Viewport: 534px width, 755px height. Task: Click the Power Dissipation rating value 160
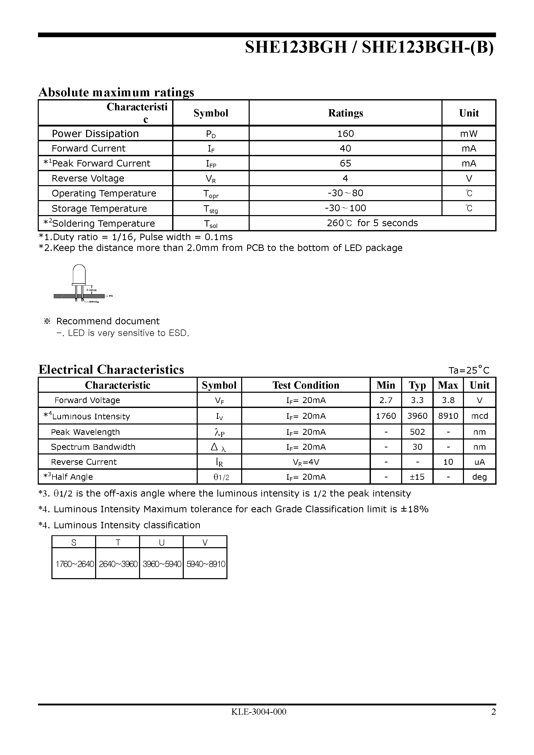[345, 133]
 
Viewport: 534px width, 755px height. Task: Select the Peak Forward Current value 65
[345, 163]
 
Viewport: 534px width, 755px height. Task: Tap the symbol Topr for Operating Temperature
[211, 194]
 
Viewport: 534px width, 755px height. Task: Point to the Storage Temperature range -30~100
[345, 208]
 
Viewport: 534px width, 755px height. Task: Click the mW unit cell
[469, 133]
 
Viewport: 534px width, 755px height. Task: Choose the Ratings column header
[345, 113]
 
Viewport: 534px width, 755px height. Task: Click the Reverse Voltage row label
[88, 178]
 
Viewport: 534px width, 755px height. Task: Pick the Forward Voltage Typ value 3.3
[417, 400]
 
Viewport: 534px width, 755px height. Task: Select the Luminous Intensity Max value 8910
[448, 416]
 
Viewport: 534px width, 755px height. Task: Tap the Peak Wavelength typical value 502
[417, 432]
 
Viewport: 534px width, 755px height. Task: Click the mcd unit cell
[479, 416]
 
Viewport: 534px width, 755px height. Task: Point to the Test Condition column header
[306, 385]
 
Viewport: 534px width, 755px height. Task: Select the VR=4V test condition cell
[306, 462]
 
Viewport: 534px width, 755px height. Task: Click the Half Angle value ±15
[417, 477]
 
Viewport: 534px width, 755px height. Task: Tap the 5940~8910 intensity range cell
[205, 564]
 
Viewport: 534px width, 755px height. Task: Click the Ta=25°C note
[469, 370]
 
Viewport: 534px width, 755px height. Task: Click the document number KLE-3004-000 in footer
[258, 712]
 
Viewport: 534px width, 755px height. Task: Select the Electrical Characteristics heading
[111, 369]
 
